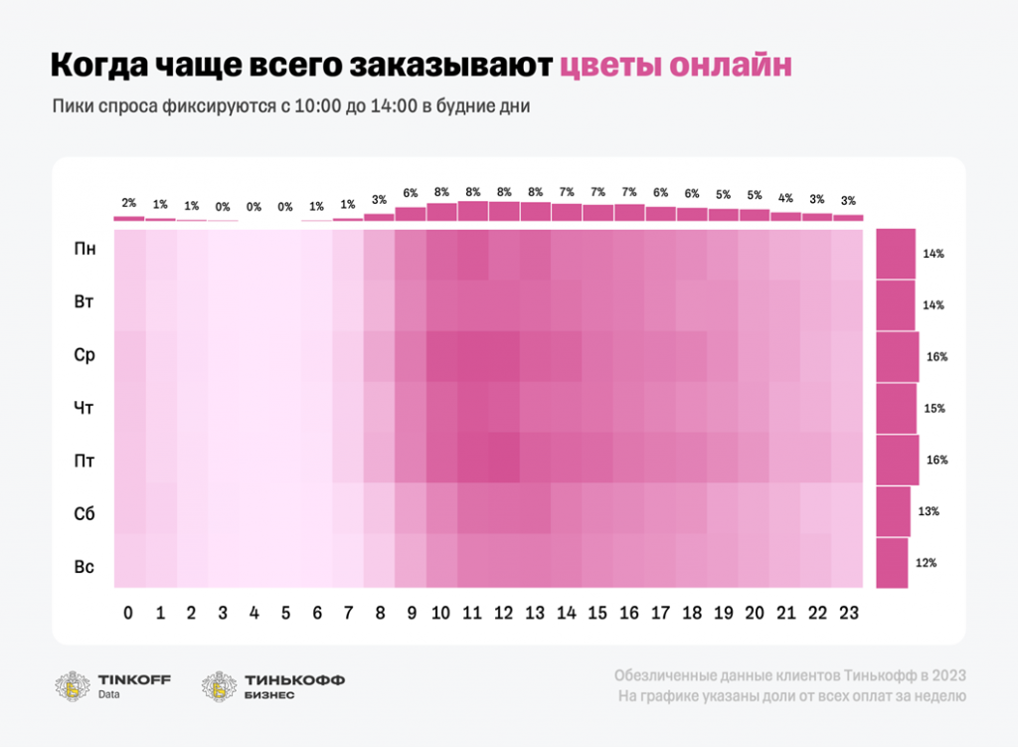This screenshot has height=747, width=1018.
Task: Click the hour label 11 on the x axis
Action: pyautogui.click(x=473, y=613)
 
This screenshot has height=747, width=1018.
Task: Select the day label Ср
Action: pyautogui.click(x=85, y=356)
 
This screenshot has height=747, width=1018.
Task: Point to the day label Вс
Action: pyautogui.click(x=85, y=567)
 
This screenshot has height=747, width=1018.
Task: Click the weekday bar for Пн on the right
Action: pyautogui.click(x=896, y=254)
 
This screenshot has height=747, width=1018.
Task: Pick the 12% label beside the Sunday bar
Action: pyautogui.click(x=927, y=563)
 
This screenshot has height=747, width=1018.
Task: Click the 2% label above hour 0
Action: pyautogui.click(x=129, y=203)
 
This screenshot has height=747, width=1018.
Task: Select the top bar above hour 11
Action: pyautogui.click(x=473, y=211)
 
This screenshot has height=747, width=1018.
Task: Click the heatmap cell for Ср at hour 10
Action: pyautogui.click(x=441, y=356)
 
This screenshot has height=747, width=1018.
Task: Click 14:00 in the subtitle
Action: pyautogui.click(x=396, y=106)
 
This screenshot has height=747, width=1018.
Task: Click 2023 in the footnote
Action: pyautogui.click(x=946, y=675)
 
